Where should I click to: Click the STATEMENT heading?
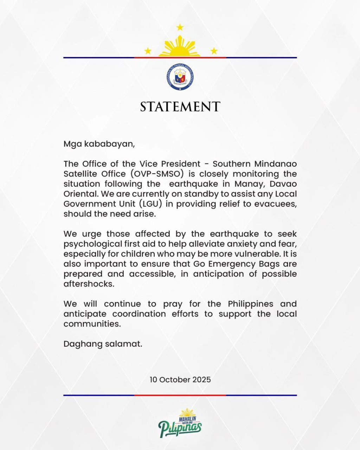pos(180,107)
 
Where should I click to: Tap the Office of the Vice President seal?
pos(180,77)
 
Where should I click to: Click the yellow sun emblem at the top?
pos(180,47)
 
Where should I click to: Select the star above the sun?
pos(180,27)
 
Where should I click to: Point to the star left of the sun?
pos(148,51)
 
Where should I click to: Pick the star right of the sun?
pos(214,51)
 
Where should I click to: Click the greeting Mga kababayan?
pos(99,144)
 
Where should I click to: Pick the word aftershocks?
pos(89,284)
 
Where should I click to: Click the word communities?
pos(92,324)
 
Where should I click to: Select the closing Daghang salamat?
pos(103,344)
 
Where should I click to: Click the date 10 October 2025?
pos(180,380)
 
